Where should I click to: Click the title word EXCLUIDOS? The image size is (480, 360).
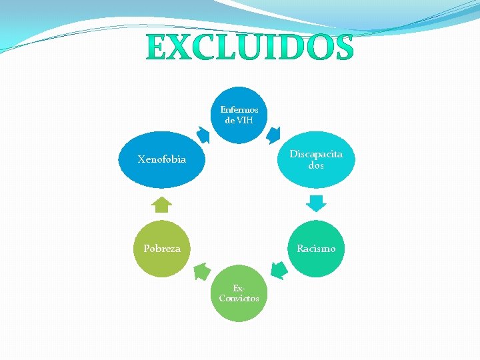coord(249,47)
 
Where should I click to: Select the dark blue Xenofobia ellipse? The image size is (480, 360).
coord(162,159)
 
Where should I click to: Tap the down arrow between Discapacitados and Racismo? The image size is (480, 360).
coord(316,203)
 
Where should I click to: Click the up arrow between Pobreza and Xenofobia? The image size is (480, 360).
coord(162,204)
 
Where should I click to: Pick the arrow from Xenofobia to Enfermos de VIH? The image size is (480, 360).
coord(204,135)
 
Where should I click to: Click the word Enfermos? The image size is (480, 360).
coord(239,109)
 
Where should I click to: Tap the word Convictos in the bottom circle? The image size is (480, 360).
coord(239,299)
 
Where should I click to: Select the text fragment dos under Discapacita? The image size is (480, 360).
coord(316,165)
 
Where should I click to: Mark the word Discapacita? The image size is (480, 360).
coord(316,154)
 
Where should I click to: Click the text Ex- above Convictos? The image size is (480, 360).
coord(238,288)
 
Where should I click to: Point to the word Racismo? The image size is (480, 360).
coord(316,249)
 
